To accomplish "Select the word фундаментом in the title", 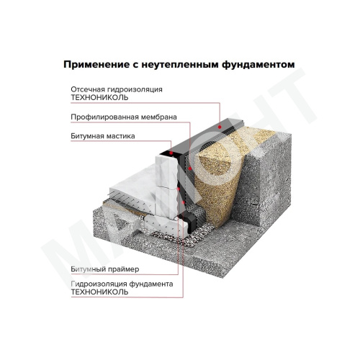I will pos(261,64).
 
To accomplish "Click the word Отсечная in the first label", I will pos(88,89).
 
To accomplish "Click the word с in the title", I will pos(138,64).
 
